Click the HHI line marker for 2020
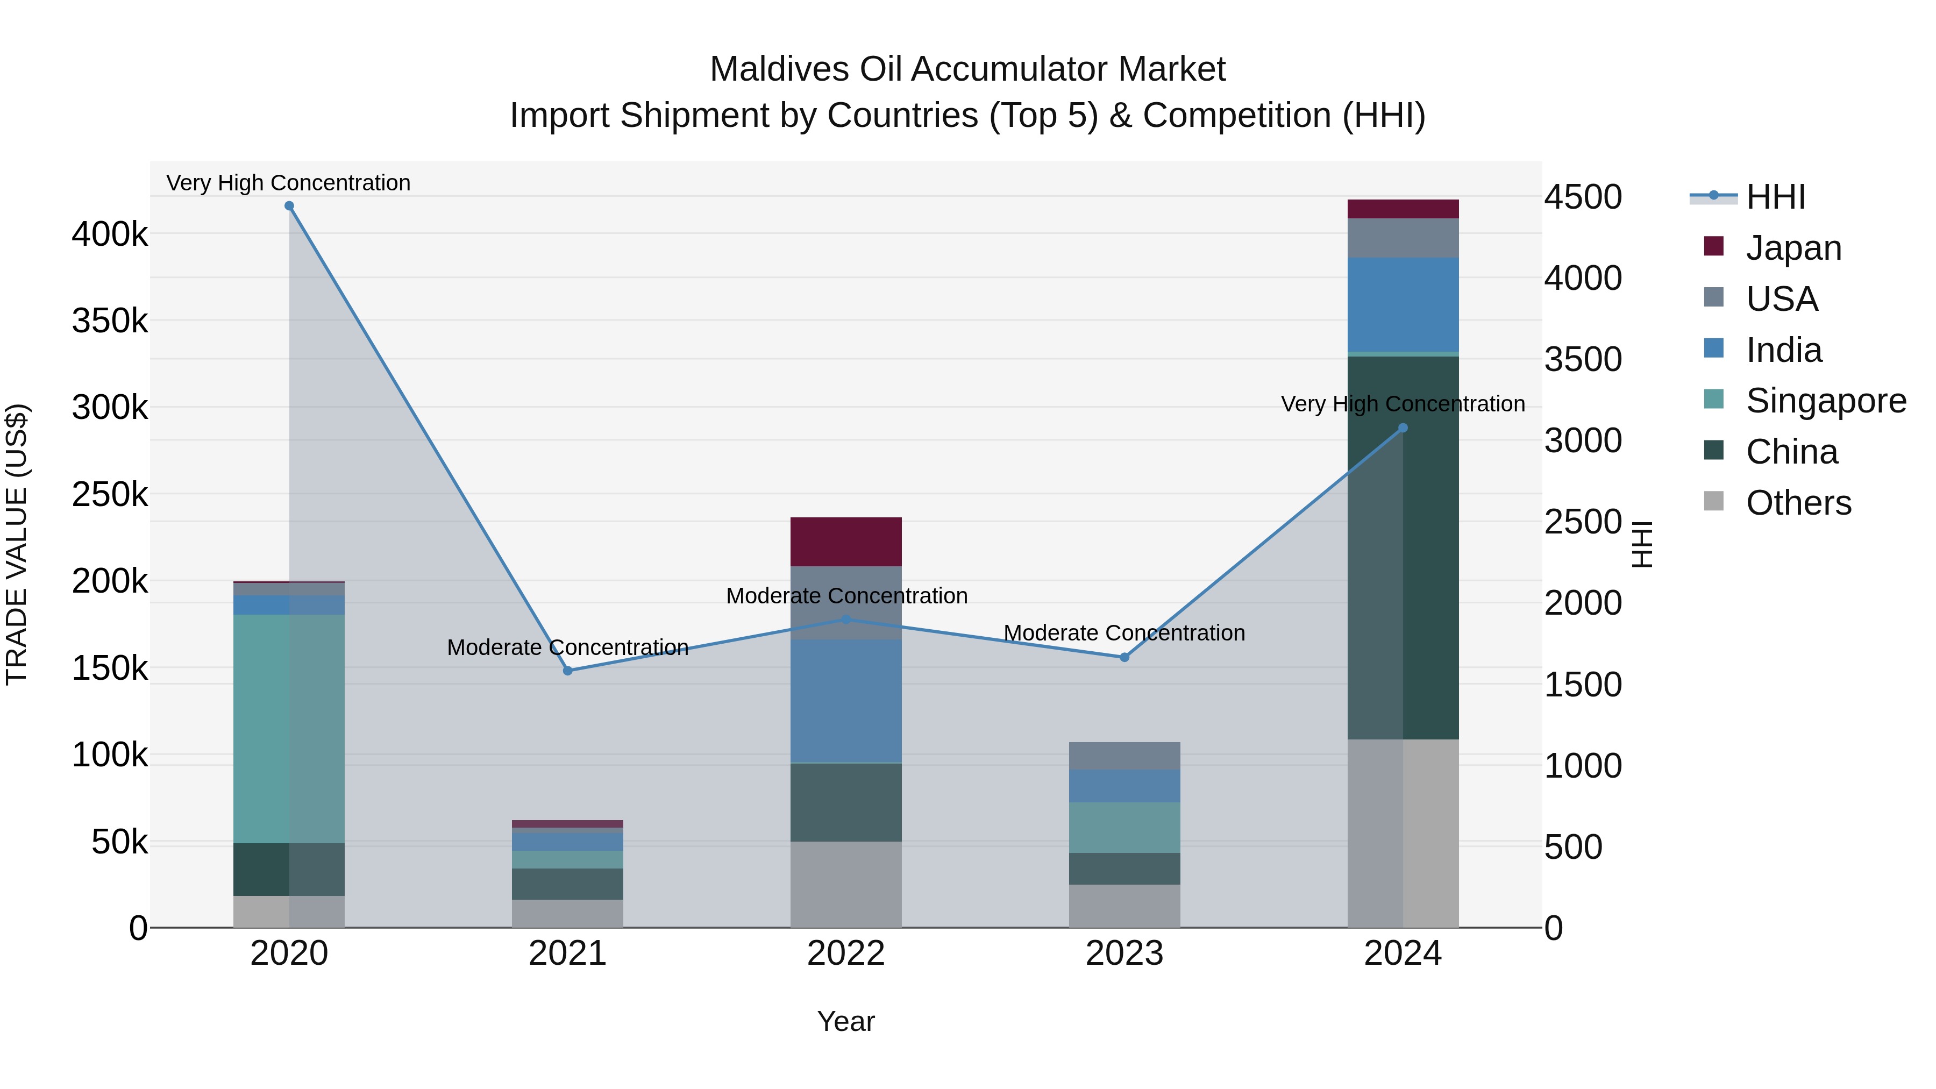[x=289, y=206]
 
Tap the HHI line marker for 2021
[x=568, y=671]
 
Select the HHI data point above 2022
[x=846, y=620]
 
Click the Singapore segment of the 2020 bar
[x=289, y=729]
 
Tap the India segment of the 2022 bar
[x=846, y=701]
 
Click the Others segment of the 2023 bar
[x=1125, y=906]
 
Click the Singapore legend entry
[x=1826, y=401]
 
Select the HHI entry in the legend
[x=1775, y=197]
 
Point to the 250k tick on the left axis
[x=110, y=495]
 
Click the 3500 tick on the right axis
[x=1583, y=359]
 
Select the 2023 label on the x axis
[x=1125, y=953]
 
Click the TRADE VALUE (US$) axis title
[x=17, y=544]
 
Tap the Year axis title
[x=846, y=1021]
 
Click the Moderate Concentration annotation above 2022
[x=846, y=596]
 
